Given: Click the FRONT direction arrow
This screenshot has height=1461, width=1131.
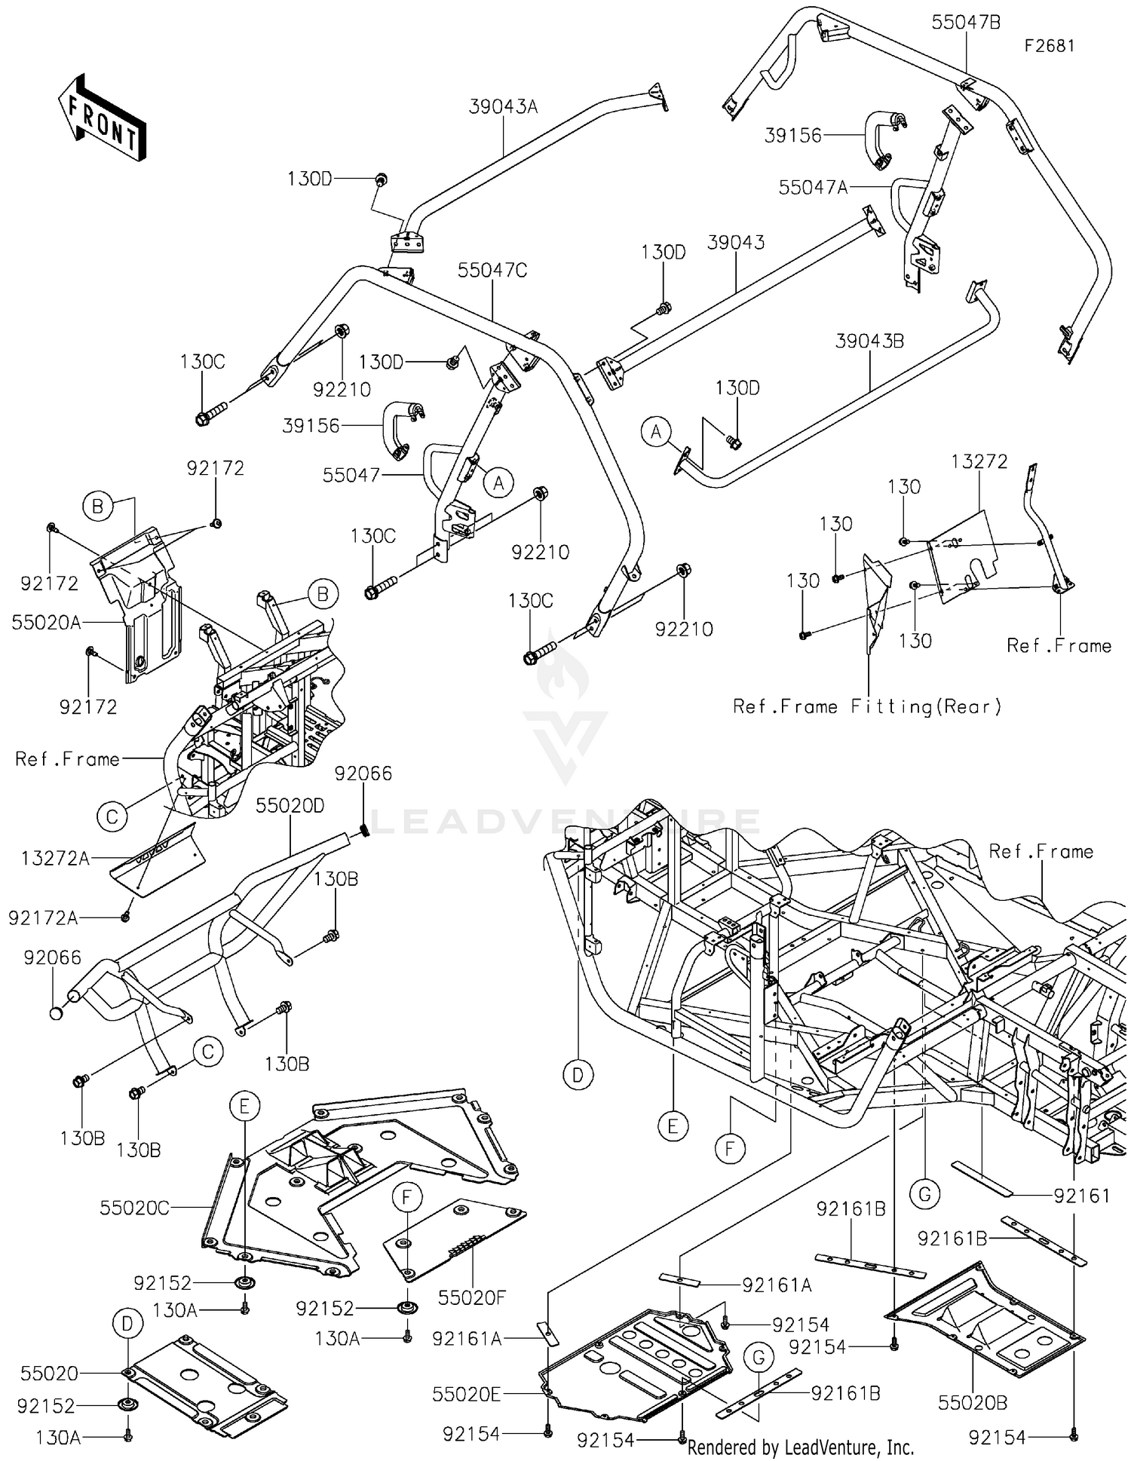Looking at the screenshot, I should [x=103, y=117].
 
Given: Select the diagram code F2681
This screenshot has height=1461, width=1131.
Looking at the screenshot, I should [x=1049, y=46].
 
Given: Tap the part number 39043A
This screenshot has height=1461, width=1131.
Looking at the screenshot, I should [x=503, y=107].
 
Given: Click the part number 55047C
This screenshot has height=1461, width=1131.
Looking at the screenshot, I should [x=492, y=271].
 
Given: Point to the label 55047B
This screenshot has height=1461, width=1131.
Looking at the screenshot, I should [x=966, y=23].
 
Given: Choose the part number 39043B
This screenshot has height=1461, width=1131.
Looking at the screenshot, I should [x=869, y=342].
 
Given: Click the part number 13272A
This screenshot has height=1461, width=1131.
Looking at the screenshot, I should [x=55, y=858].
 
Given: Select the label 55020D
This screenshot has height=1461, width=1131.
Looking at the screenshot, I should [x=290, y=806].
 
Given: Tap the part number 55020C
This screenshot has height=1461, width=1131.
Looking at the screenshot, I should [x=134, y=1208].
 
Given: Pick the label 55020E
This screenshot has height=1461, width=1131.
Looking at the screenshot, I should [x=466, y=1395].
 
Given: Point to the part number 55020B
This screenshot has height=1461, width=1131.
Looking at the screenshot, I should [x=973, y=1403].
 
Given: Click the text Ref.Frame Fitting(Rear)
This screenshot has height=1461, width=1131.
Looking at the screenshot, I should [x=867, y=706].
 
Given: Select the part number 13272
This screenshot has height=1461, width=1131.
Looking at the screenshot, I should [x=979, y=461].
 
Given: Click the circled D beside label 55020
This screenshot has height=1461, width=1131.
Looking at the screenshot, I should [x=127, y=1323].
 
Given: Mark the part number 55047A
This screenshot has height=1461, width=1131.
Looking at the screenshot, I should [x=813, y=187].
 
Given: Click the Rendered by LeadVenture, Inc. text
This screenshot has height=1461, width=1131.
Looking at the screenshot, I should [x=800, y=1447].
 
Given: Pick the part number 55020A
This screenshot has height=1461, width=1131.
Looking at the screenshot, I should [x=46, y=622].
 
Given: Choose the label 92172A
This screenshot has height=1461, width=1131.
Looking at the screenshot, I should [x=43, y=917].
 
